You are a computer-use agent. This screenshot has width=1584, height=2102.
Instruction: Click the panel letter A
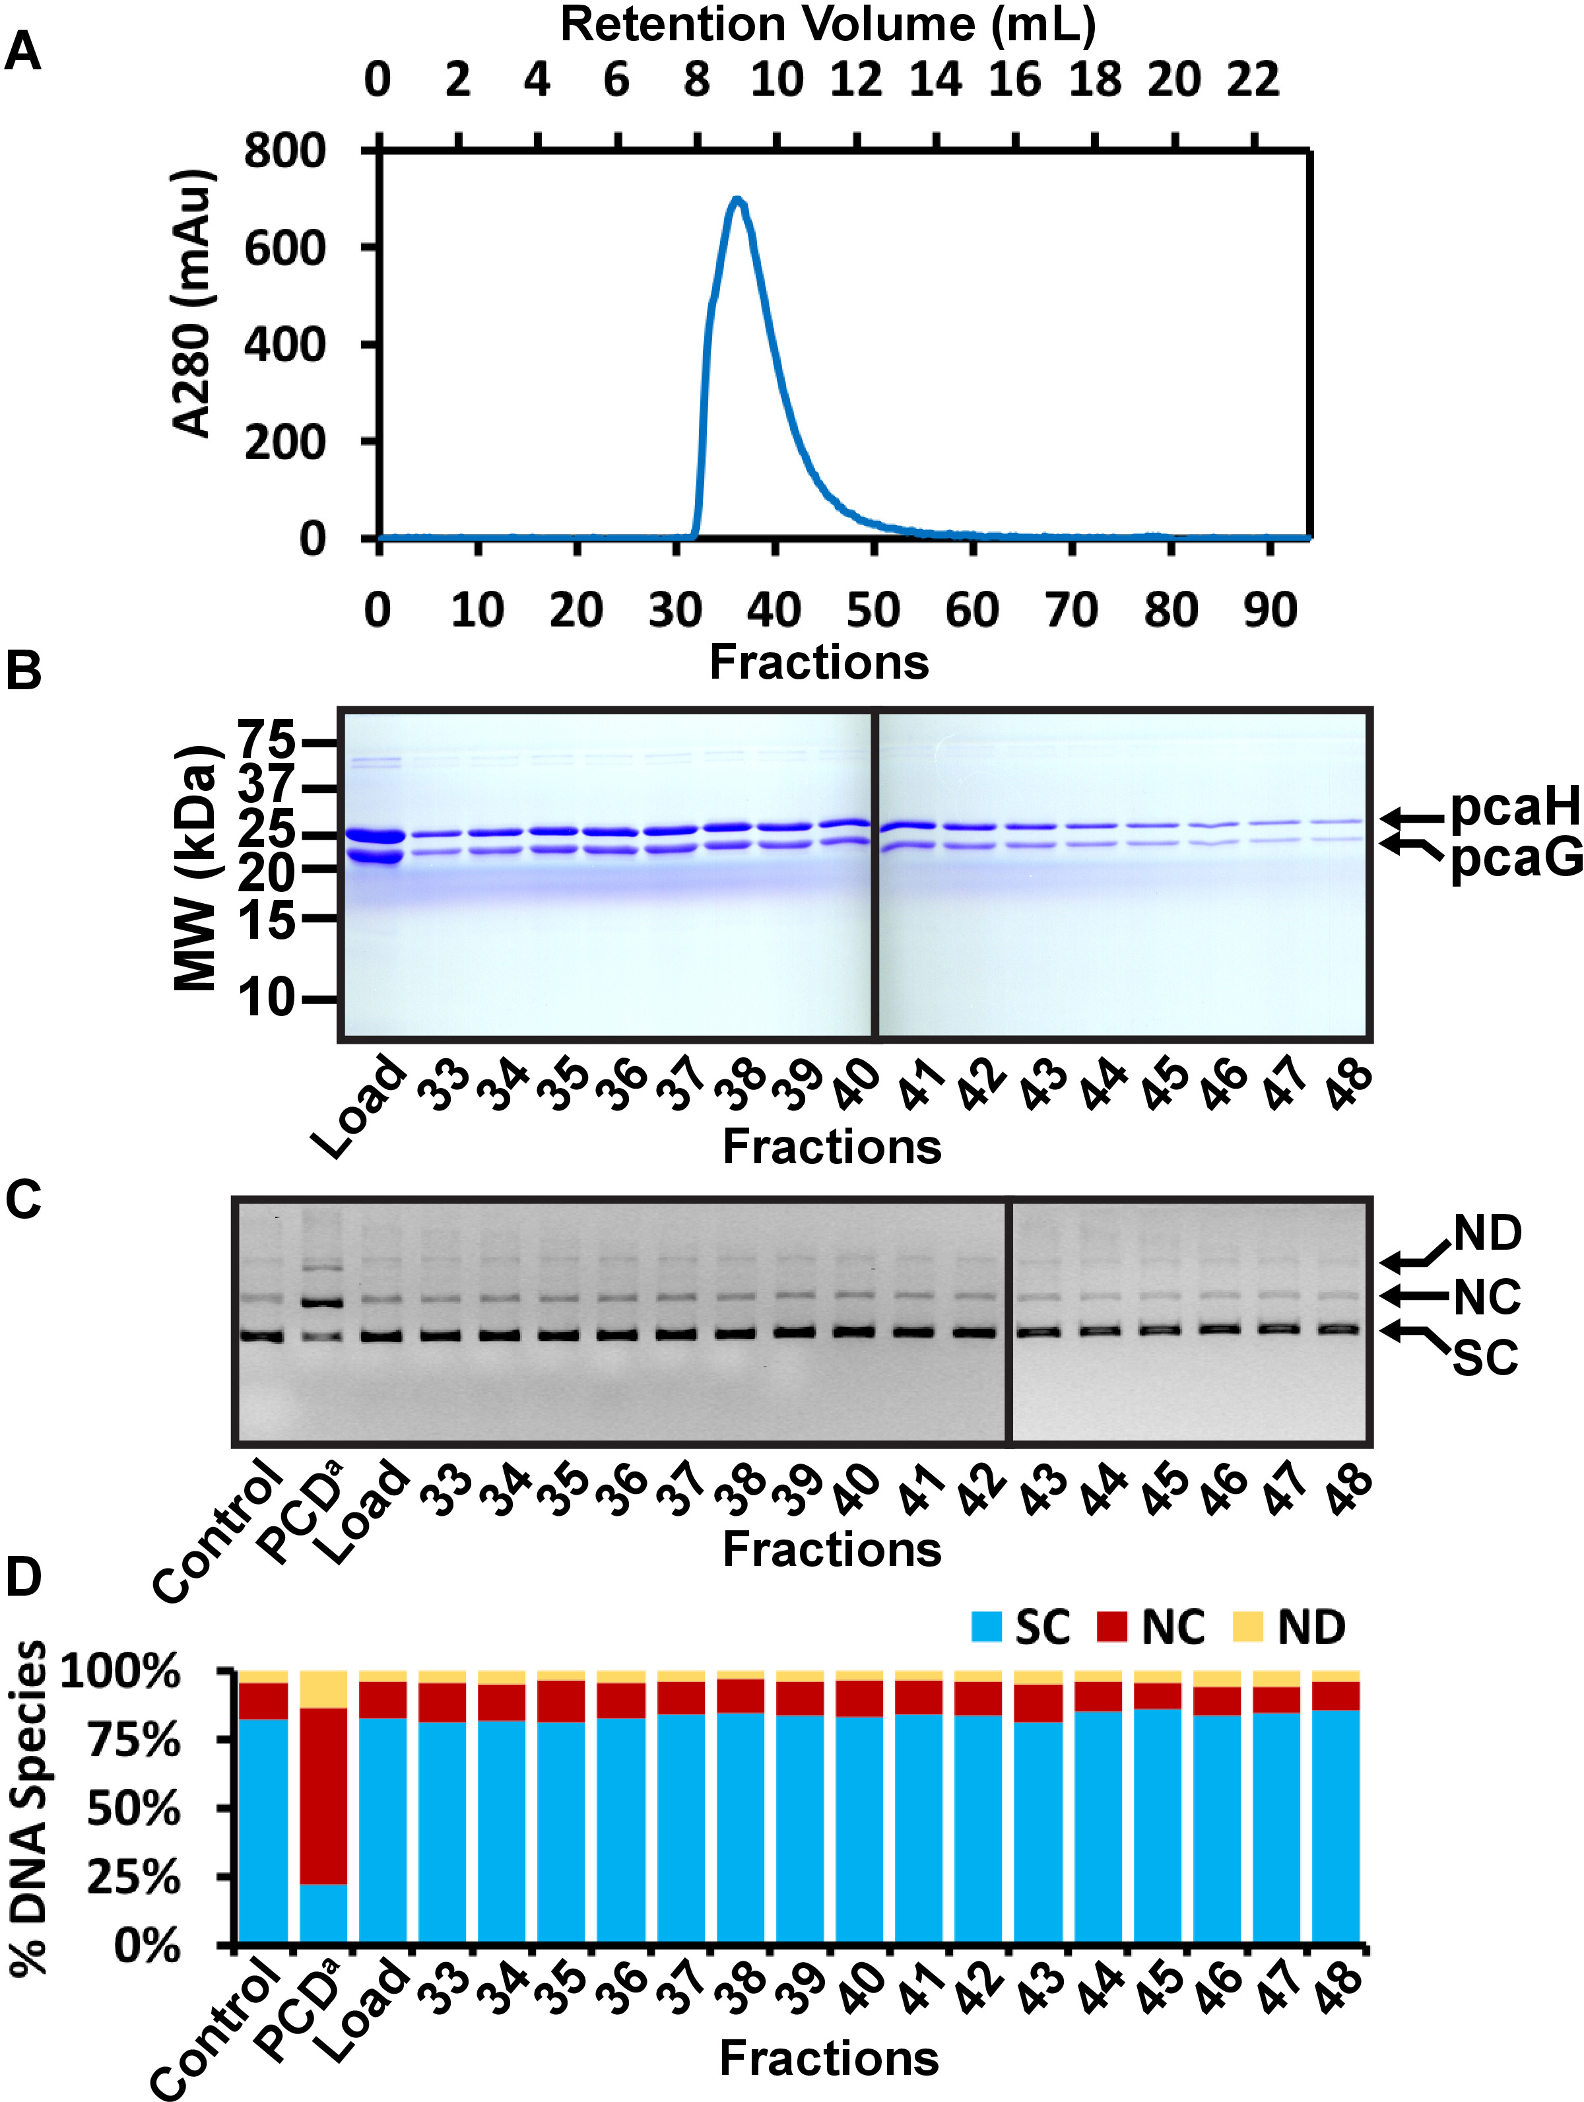click(23, 52)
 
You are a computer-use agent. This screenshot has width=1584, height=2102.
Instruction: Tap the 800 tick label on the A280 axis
click(284, 151)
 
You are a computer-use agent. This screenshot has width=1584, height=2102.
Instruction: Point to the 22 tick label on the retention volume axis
click(1253, 80)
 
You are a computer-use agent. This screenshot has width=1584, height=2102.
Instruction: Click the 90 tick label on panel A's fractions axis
click(1269, 610)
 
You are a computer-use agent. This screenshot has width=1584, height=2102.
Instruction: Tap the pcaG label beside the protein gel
click(1515, 858)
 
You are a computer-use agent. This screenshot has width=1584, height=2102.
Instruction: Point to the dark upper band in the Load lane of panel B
click(374, 836)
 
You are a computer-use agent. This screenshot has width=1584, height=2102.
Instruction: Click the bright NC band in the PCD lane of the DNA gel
click(323, 1303)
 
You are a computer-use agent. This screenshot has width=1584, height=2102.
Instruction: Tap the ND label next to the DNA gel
click(1487, 1233)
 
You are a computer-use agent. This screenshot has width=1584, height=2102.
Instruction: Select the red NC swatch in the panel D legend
click(1111, 1627)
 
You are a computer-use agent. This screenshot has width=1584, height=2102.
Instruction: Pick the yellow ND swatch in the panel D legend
click(1247, 1627)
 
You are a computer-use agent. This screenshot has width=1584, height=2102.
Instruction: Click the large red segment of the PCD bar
click(323, 1796)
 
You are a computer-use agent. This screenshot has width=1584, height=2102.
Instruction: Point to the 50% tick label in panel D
click(133, 1808)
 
